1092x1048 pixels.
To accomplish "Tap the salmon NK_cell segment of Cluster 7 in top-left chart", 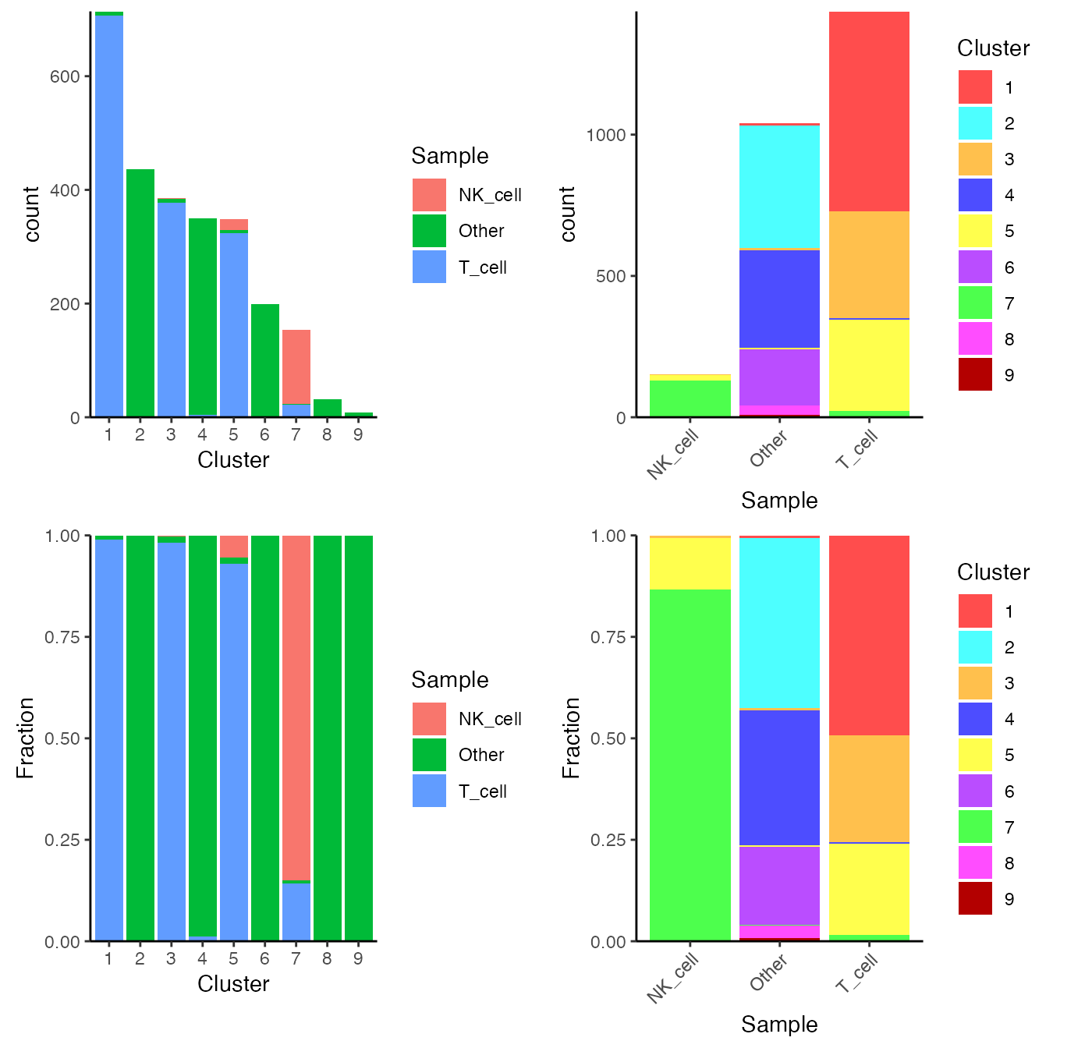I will coord(296,366).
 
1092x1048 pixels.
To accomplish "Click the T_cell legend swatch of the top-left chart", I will coord(429,267).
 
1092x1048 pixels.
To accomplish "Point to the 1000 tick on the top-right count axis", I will coord(606,135).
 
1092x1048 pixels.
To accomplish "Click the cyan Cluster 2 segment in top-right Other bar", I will coord(779,186).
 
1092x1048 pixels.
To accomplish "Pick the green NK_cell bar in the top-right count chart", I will coord(690,398).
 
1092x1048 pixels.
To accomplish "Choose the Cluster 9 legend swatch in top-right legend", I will coord(975,374).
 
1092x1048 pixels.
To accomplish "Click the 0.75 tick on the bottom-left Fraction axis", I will coord(62,637).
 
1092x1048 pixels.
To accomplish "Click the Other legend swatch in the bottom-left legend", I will coord(429,755).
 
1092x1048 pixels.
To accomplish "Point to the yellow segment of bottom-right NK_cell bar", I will coord(690,563).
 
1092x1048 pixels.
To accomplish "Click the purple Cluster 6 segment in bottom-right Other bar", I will coord(779,885).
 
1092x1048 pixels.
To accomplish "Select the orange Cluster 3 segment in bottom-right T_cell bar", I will coord(869,788).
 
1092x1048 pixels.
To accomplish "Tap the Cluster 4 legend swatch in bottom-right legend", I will coord(975,719).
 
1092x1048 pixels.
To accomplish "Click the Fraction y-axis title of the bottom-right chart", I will coord(572,738).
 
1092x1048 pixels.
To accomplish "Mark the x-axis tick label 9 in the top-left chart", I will coord(358,435).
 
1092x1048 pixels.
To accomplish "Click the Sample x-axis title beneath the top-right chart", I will coord(779,501).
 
